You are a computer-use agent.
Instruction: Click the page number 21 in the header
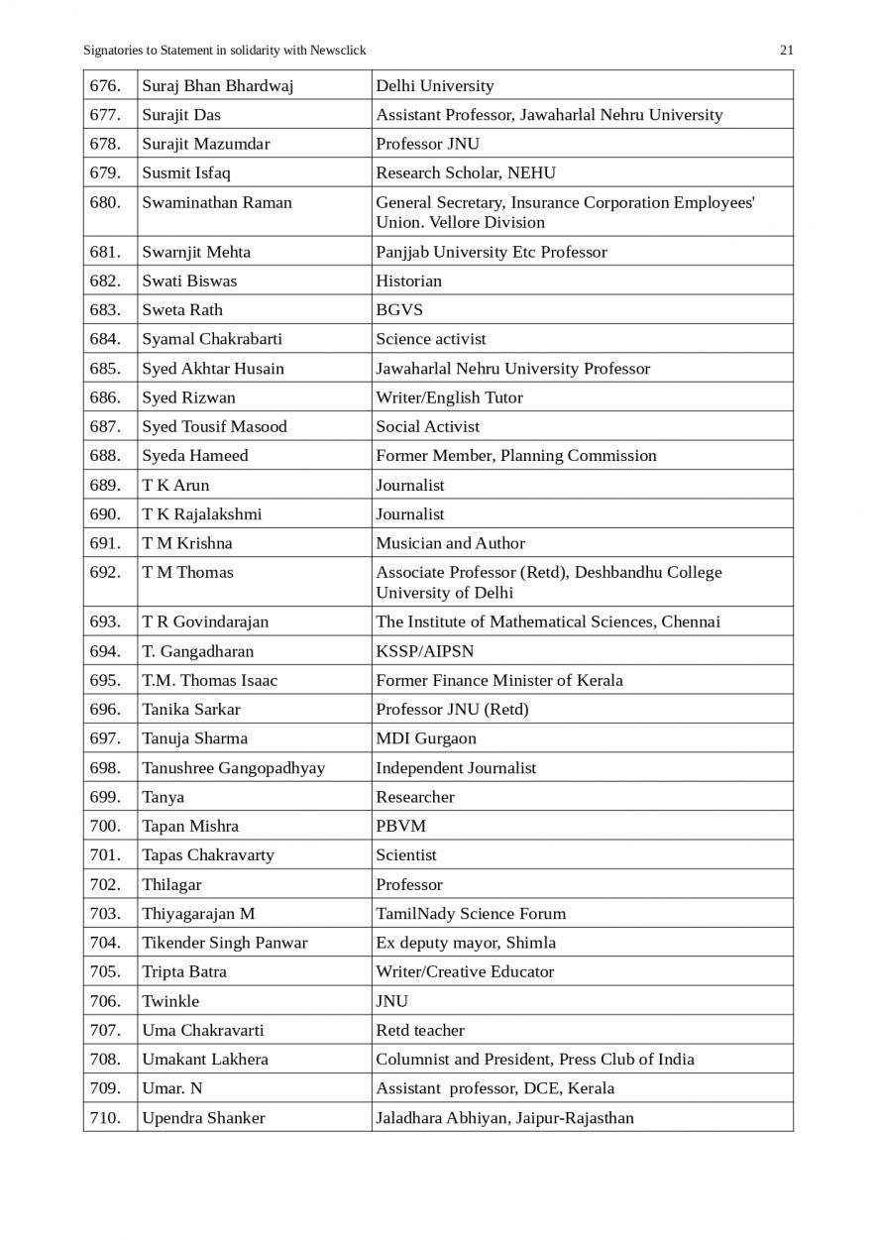click(787, 51)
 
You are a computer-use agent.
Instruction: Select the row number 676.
click(105, 86)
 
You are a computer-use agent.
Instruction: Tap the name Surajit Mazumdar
click(205, 144)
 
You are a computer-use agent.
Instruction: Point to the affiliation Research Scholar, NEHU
click(465, 172)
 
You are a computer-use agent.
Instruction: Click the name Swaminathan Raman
click(216, 202)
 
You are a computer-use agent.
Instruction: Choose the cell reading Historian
click(408, 281)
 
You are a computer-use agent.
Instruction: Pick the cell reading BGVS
click(398, 309)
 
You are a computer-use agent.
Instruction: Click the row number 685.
click(105, 369)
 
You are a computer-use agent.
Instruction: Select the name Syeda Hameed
click(194, 456)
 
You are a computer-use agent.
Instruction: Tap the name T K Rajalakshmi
click(201, 514)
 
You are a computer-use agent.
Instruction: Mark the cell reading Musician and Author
click(450, 543)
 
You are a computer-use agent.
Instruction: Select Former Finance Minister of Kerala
click(498, 681)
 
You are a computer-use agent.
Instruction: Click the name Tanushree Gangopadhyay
click(233, 768)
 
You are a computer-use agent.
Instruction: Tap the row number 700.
click(105, 827)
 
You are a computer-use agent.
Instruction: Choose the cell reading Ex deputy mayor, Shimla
click(465, 943)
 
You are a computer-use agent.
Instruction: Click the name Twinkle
click(169, 1001)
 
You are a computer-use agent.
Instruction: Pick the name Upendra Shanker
click(203, 1118)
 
